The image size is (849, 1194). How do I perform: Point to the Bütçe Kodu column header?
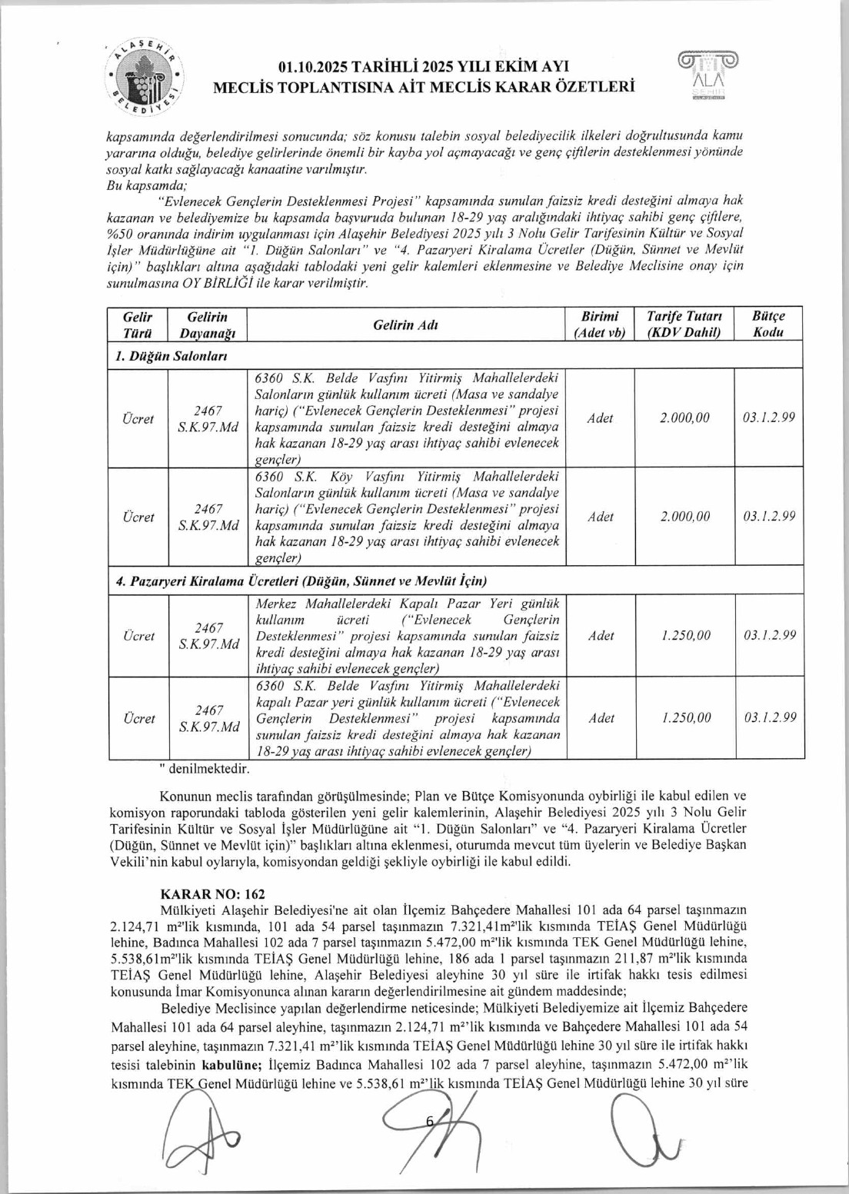pos(768,324)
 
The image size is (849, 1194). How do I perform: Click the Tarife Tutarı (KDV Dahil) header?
pos(684,324)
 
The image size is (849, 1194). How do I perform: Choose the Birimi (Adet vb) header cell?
pos(600,324)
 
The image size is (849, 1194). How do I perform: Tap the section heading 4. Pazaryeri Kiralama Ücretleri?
pos(301,581)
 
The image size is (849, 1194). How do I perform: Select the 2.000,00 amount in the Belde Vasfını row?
pos(684,418)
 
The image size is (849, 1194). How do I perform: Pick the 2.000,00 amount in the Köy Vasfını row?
pos(684,517)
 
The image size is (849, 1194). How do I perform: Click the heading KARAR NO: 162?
pos(211,894)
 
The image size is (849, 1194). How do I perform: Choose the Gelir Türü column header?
pos(138,324)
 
